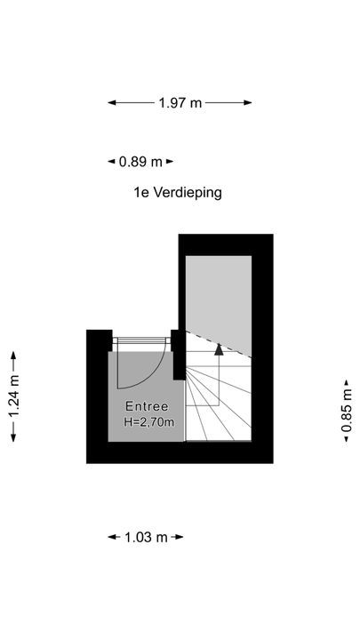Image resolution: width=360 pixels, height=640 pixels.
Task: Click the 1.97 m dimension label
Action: [x=180, y=103]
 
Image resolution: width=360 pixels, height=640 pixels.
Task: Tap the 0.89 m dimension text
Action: [x=140, y=162]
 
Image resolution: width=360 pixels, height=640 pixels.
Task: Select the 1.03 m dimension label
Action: [x=146, y=537]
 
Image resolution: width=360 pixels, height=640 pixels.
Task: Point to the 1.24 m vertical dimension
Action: [x=13, y=396]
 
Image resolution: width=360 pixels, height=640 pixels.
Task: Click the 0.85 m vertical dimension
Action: [x=347, y=411]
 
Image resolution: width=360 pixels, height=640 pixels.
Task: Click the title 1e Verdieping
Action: [x=178, y=192]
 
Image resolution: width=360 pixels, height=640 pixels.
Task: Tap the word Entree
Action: [x=147, y=406]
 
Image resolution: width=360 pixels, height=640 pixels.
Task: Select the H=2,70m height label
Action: [x=149, y=422]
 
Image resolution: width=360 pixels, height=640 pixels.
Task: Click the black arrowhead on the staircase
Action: [x=220, y=349]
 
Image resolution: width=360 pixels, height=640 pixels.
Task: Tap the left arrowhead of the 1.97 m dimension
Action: [x=112, y=103]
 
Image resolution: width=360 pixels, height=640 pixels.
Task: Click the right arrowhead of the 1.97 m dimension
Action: [x=248, y=103]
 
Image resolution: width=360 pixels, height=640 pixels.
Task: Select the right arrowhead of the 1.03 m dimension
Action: [x=180, y=537]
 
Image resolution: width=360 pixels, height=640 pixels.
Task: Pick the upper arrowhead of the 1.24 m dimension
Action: [x=13, y=355]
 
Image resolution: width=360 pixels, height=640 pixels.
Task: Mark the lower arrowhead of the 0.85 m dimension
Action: [x=347, y=439]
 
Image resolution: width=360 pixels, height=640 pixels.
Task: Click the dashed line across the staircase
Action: [x=219, y=344]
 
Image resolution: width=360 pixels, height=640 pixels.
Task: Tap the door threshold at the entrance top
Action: [x=141, y=340]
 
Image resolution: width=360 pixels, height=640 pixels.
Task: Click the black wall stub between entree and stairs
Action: [x=179, y=355]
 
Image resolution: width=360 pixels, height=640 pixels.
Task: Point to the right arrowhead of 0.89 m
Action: [x=170, y=162]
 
